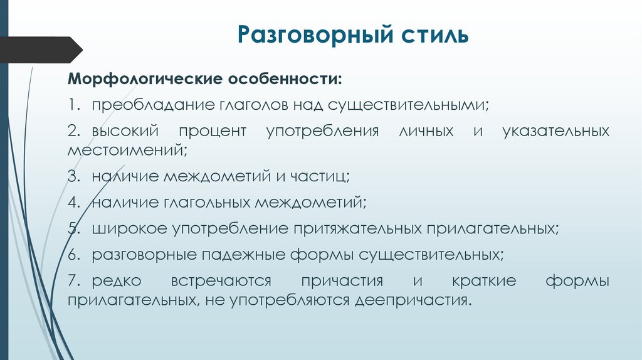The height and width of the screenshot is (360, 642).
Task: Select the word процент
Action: click(213, 132)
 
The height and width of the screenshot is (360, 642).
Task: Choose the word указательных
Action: click(556, 132)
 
